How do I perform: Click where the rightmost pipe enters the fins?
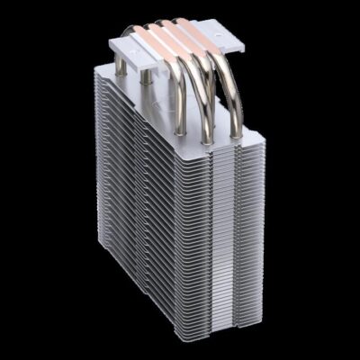236,135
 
